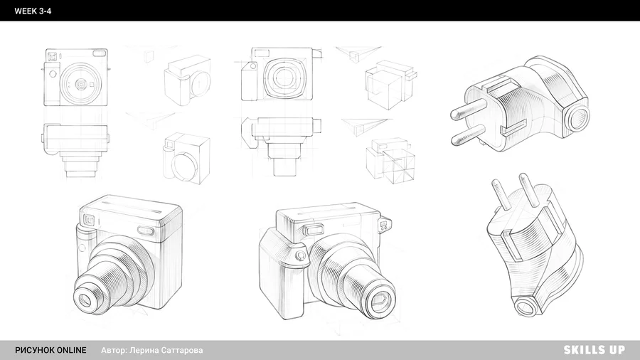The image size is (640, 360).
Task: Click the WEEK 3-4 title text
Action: pos(33,11)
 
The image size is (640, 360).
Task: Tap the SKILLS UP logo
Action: pos(594,350)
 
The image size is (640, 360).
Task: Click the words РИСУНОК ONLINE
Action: pos(50,350)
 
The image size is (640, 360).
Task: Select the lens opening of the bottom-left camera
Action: pos(85,300)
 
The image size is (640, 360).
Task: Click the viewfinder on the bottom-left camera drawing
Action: pos(90,221)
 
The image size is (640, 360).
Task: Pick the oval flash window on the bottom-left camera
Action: pos(145,231)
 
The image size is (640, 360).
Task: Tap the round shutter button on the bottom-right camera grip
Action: pos(301,256)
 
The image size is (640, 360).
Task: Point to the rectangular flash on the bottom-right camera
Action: pos(313,230)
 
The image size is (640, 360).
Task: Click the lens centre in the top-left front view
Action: pos(81,84)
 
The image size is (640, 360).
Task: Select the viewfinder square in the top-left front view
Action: pos(52,56)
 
